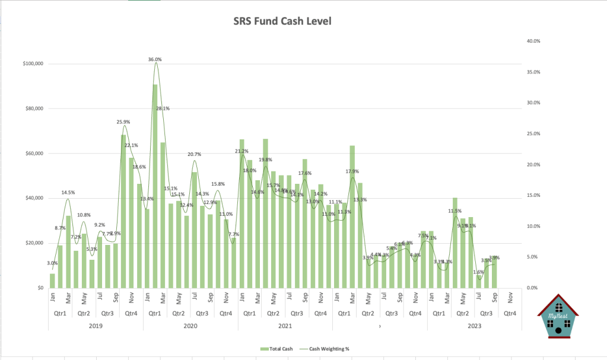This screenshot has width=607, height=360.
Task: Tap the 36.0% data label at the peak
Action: click(155, 59)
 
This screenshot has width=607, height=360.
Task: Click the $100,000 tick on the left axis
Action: click(34, 64)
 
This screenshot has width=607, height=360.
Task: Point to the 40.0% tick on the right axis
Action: click(533, 42)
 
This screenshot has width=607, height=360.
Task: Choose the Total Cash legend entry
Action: click(278, 349)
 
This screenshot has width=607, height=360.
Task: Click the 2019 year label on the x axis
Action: click(96, 325)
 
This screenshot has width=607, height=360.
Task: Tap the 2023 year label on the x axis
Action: click(473, 325)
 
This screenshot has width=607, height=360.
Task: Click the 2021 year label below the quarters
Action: click(285, 325)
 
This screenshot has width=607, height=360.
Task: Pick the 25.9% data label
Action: click(123, 122)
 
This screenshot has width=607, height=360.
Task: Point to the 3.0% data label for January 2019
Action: click(52, 263)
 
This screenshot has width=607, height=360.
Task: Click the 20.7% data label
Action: click(194, 154)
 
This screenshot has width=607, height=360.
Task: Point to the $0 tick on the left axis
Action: click(40, 288)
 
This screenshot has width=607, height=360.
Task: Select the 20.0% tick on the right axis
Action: click(533, 165)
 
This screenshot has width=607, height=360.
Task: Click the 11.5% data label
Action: click(455, 211)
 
